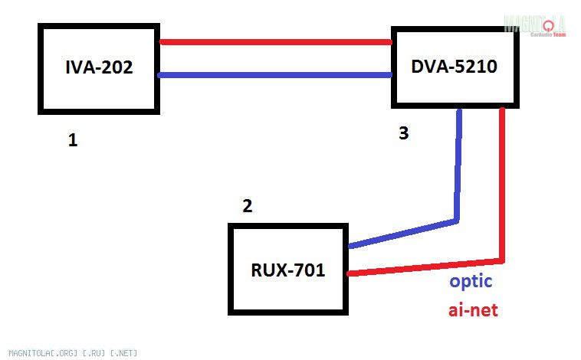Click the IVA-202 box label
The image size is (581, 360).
coord(99,67)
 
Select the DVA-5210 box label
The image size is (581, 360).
coord(455,67)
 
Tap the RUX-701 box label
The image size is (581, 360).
coord(288,270)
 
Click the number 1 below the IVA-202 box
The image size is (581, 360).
coord(73,140)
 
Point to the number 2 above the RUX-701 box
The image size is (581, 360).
coord(247,206)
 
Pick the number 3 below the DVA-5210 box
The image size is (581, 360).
coord(403,133)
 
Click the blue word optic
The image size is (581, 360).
coord(471,281)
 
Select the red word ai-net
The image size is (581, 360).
coord(473,312)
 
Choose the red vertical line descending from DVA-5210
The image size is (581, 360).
coord(502,184)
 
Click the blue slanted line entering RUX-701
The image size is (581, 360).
coord(402,234)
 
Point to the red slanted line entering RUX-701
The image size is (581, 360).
coord(425,266)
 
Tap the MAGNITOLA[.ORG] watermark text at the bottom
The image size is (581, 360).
coord(68,353)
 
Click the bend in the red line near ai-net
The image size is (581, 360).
coord(502,260)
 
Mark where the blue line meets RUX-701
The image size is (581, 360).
coord(350,247)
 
